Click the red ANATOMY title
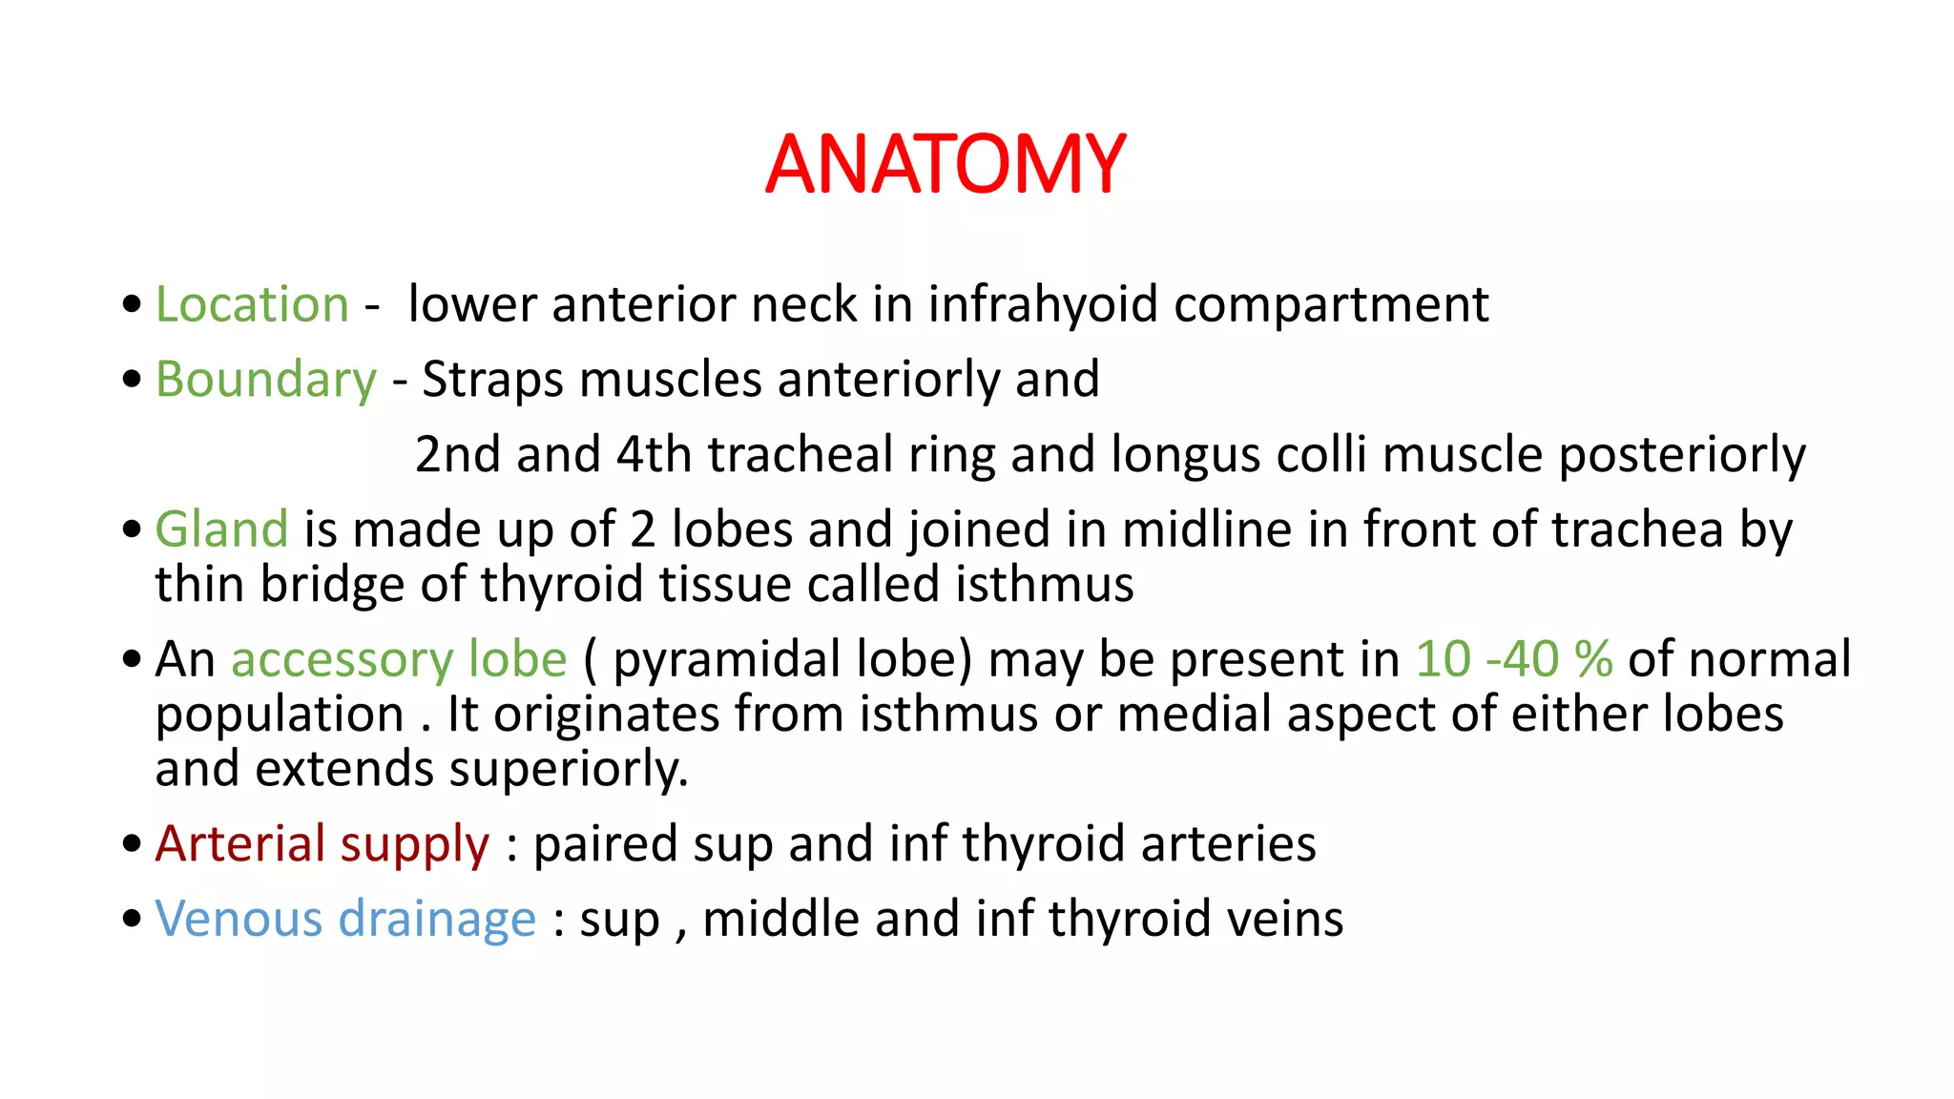(945, 164)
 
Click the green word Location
(252, 305)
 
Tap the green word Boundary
(266, 380)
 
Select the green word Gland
(221, 529)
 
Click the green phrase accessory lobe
(399, 659)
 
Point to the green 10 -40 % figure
(1513, 659)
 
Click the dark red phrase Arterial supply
(322, 844)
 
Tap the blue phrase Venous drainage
(345, 919)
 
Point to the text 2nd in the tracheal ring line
(457, 454)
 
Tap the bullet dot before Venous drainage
(132, 919)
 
